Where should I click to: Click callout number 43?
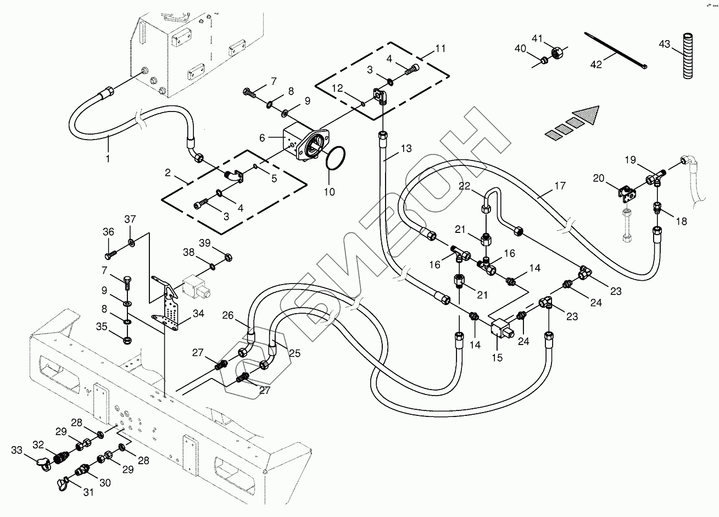point(665,45)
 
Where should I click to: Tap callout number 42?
point(595,64)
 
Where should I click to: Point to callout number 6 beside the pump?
point(262,137)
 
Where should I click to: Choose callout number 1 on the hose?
point(108,159)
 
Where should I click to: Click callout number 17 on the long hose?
point(559,186)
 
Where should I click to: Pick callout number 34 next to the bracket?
point(198,314)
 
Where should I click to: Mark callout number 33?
point(18,451)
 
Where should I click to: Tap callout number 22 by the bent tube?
point(465,186)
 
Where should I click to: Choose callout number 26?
point(228,315)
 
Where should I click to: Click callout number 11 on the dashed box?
point(440,48)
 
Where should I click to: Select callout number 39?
point(204,243)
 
